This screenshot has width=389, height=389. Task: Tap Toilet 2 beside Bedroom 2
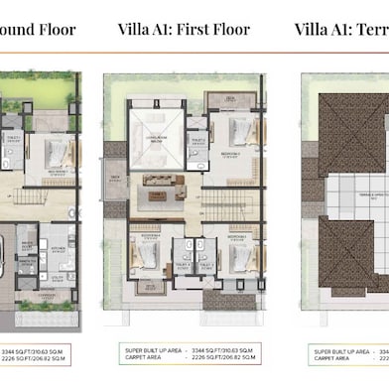click(x=198, y=141)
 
